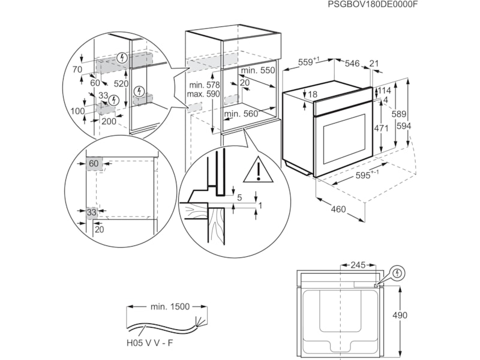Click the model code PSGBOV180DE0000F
pyautogui.click(x=373, y=5)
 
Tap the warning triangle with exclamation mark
pyautogui.click(x=257, y=170)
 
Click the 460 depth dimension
pyautogui.click(x=339, y=209)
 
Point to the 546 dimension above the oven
pyautogui.click(x=352, y=63)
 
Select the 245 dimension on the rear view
pyautogui.click(x=358, y=265)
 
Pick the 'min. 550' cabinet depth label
pyautogui.click(x=258, y=70)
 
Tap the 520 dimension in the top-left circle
pyautogui.click(x=122, y=84)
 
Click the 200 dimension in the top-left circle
pyautogui.click(x=109, y=121)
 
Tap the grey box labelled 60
pyautogui.click(x=94, y=164)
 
